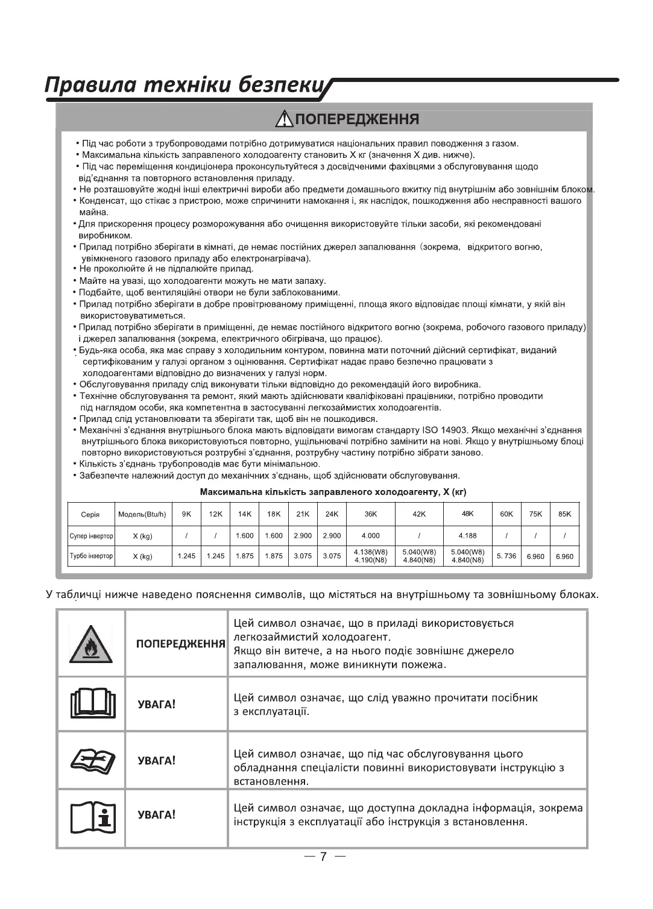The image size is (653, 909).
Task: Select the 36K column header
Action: point(371,514)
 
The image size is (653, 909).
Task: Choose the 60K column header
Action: point(506,514)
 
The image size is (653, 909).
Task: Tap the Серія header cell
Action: point(90,515)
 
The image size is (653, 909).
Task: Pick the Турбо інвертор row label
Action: point(90,556)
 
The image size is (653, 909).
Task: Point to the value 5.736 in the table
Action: point(506,556)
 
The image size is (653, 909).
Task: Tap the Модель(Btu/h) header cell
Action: point(142,515)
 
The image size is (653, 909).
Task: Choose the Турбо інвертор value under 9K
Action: point(186,556)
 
